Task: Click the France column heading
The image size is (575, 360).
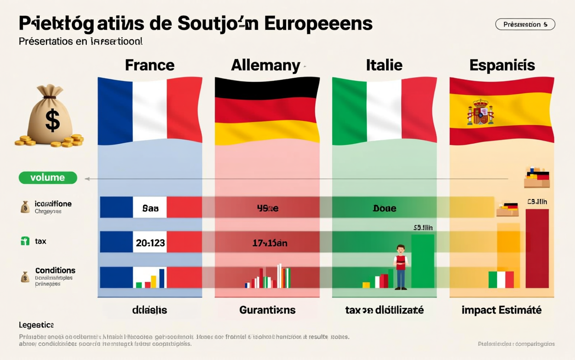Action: (x=149, y=65)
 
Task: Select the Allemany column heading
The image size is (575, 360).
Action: (x=265, y=65)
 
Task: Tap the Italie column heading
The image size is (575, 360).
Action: (x=384, y=65)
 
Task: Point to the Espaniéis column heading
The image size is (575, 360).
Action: (x=502, y=65)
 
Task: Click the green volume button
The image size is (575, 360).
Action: (x=48, y=177)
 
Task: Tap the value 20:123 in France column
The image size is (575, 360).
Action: (x=150, y=243)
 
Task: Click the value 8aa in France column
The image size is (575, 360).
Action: (x=150, y=208)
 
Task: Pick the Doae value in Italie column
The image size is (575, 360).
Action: (x=384, y=208)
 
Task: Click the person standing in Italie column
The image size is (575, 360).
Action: (x=401, y=267)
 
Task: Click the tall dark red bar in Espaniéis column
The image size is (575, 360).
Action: (x=537, y=248)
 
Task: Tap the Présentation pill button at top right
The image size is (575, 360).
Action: (x=525, y=25)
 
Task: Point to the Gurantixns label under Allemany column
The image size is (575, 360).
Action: (x=267, y=310)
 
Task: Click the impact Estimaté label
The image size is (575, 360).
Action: (x=501, y=310)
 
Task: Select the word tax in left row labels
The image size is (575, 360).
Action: (x=40, y=241)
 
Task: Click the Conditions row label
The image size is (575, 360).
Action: (x=55, y=270)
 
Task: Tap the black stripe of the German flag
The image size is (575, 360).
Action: (x=267, y=87)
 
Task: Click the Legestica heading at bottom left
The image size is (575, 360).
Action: (x=36, y=325)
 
